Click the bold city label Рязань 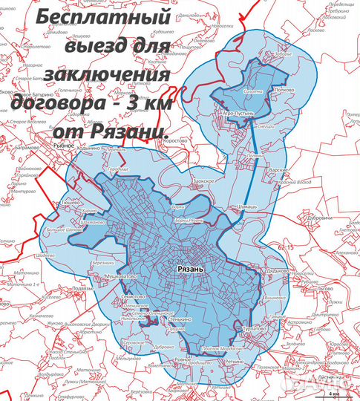pos(192,272)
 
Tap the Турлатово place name pos(254,327)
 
